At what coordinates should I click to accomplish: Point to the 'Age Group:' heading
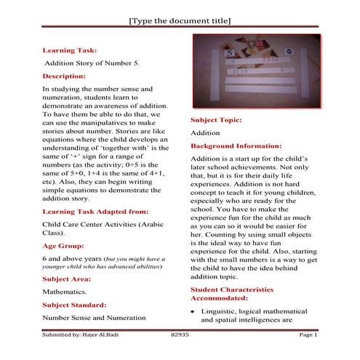(x=63, y=245)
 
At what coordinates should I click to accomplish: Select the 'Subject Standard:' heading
(x=75, y=304)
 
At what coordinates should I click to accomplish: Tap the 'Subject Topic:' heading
(x=216, y=119)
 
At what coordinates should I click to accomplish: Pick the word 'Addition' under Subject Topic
(x=205, y=133)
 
